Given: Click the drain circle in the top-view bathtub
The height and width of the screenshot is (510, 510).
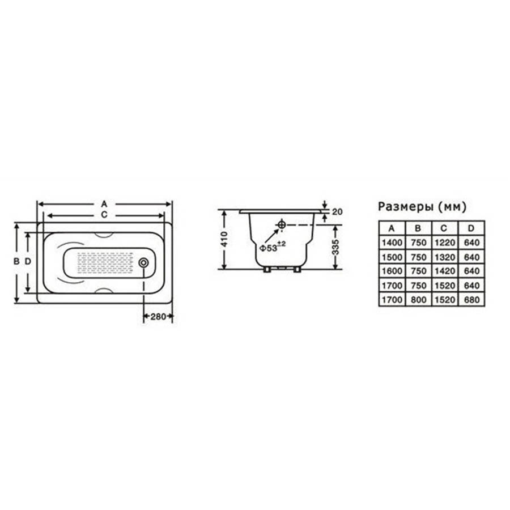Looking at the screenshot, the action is pyautogui.click(x=143, y=263).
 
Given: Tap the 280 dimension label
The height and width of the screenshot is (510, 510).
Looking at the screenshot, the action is pyautogui.click(x=158, y=316).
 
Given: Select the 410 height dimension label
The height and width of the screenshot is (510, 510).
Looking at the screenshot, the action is pyautogui.click(x=224, y=239).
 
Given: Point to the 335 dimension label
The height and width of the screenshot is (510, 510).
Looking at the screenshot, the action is pyautogui.click(x=335, y=247).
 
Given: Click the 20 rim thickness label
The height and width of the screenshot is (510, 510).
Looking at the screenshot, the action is pyautogui.click(x=337, y=212).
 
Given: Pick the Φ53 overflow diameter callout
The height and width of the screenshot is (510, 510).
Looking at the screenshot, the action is pyautogui.click(x=272, y=247).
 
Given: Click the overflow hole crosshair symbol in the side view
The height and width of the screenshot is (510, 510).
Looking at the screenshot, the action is pyautogui.click(x=281, y=224).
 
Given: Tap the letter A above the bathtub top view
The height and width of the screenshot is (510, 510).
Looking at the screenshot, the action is pyautogui.click(x=104, y=204).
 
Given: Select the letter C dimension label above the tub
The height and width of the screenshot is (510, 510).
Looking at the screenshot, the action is pyautogui.click(x=104, y=215).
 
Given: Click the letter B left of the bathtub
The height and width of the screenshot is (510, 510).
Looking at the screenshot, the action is pyautogui.click(x=16, y=261).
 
